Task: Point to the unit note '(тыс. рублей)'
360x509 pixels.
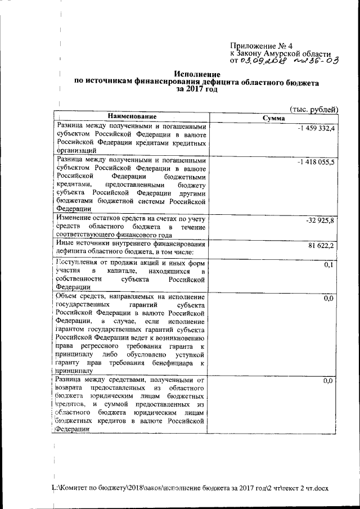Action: click(313, 110)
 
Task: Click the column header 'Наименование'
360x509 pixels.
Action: click(130, 116)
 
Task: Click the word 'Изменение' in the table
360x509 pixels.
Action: click(74, 218)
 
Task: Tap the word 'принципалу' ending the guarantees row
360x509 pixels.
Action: click(74, 371)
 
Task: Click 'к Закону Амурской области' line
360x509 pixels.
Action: click(281, 53)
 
